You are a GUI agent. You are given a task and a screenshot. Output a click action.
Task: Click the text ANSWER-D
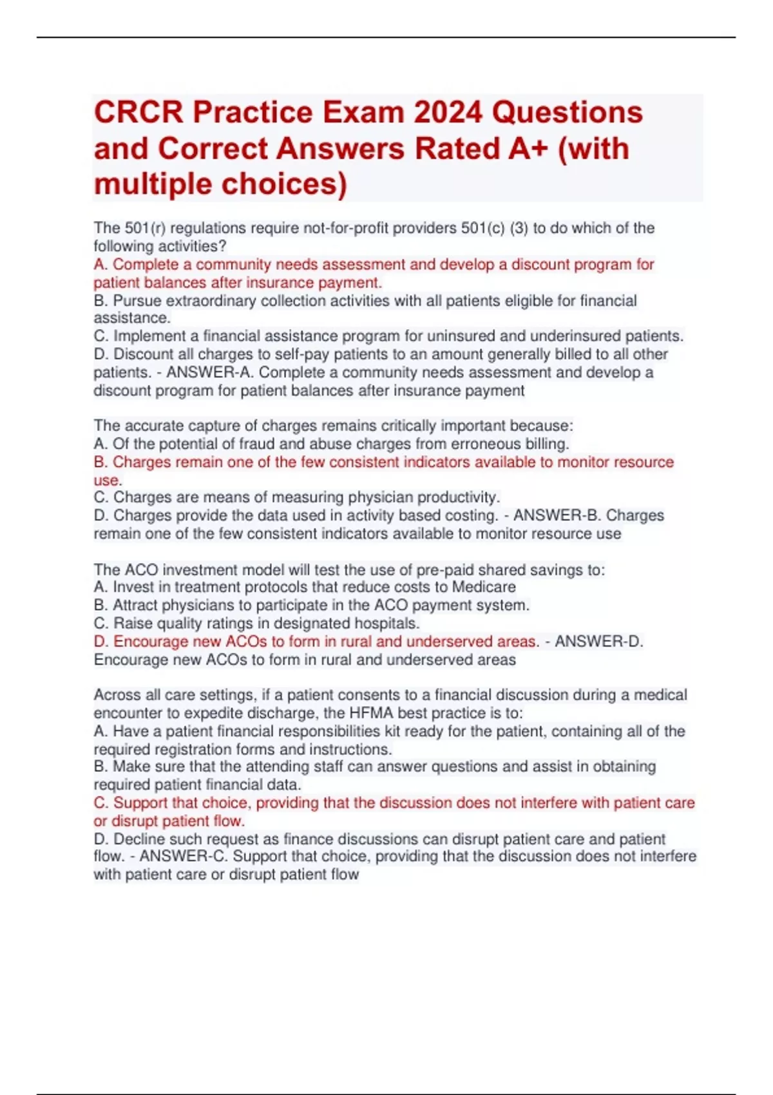click(x=598, y=642)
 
